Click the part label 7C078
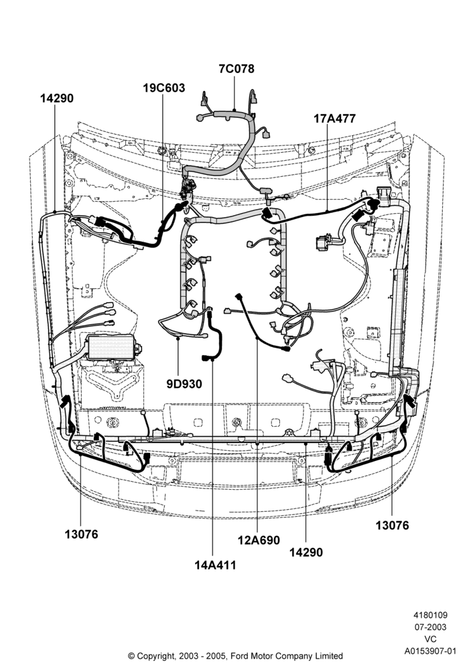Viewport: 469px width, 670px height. tap(237, 69)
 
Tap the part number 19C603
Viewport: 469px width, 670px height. tap(163, 88)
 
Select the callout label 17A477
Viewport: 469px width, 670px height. tap(334, 119)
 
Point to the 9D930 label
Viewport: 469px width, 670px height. tap(184, 384)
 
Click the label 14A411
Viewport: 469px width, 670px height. tap(215, 565)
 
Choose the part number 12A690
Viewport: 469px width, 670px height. tap(259, 540)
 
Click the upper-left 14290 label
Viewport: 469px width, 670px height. tap(57, 98)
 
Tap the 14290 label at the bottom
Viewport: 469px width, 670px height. tap(306, 552)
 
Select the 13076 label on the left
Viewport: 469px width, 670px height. tap(81, 534)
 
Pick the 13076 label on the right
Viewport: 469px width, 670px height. tap(392, 525)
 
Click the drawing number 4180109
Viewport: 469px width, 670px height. tap(430, 615)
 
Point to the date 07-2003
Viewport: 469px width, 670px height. tap(430, 627)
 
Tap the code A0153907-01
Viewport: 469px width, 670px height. tap(430, 651)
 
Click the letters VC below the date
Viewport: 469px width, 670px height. tap(431, 639)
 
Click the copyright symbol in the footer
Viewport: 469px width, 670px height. tap(131, 656)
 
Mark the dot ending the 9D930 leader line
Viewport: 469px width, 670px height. tap(178, 338)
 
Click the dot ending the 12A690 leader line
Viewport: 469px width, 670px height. tap(256, 338)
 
